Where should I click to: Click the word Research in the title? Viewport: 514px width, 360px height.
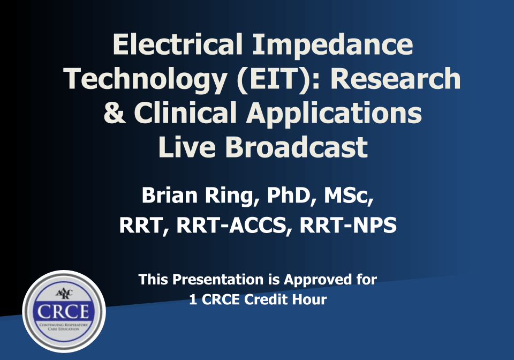click(395, 79)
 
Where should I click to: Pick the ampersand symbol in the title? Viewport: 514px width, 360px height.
click(114, 112)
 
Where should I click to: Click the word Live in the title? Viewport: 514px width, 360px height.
click(186, 146)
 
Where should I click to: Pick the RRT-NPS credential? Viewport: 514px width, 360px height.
click(348, 226)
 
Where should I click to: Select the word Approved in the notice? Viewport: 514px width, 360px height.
click(314, 279)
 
